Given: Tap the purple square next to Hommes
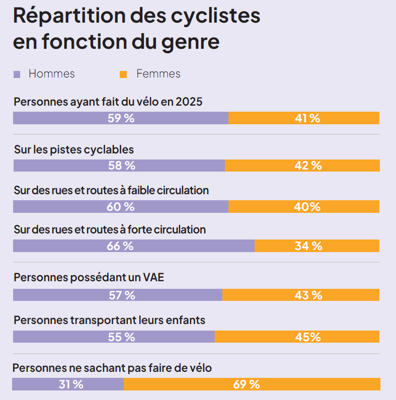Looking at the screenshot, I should point(17,74).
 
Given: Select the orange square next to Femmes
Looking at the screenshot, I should point(123,74).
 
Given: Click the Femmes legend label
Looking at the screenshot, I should point(158,74).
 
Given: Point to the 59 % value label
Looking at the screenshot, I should point(121,118).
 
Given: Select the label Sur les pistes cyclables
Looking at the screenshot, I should point(73,149).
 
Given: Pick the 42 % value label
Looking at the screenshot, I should point(308,166).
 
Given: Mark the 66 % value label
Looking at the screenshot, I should point(120,246).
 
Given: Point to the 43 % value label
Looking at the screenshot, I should point(308,295).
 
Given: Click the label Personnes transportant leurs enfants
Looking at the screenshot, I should point(109,320).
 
